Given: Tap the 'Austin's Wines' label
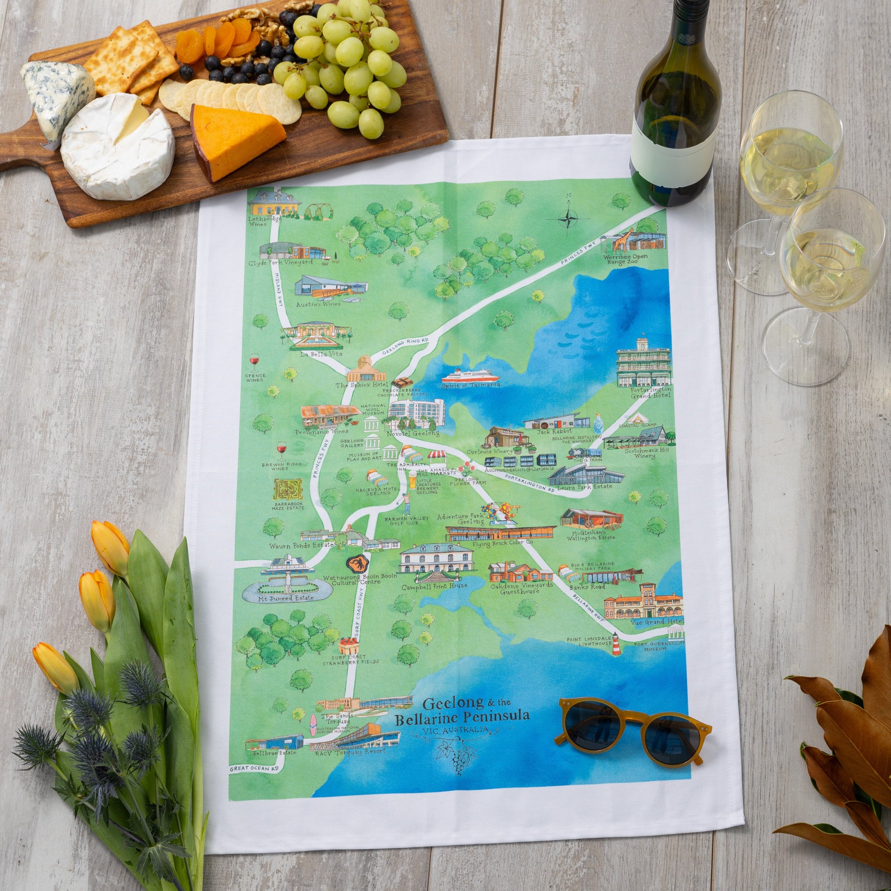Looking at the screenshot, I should point(324,304).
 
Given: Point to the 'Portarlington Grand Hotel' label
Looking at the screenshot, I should point(644,392).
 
